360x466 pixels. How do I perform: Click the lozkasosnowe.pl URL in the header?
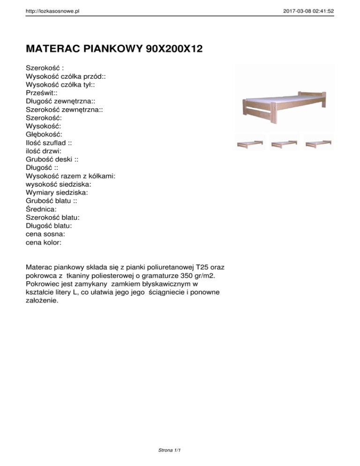52,10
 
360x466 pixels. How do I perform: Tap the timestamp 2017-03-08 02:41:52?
309,10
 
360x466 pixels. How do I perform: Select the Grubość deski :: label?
52,159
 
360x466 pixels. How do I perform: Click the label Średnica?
43,210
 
